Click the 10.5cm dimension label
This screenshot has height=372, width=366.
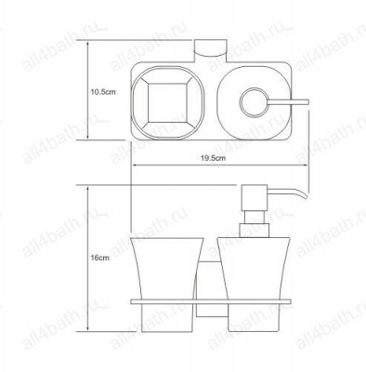[103, 92]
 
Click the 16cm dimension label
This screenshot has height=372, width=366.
[100, 258]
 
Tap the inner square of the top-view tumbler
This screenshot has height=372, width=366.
[167, 102]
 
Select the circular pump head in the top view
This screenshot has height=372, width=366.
[254, 102]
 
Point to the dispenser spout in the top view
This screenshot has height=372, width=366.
[288, 102]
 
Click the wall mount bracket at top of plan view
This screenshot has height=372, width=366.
[210, 49]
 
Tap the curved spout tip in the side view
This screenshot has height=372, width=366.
[303, 193]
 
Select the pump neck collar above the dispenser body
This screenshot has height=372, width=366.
[255, 231]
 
